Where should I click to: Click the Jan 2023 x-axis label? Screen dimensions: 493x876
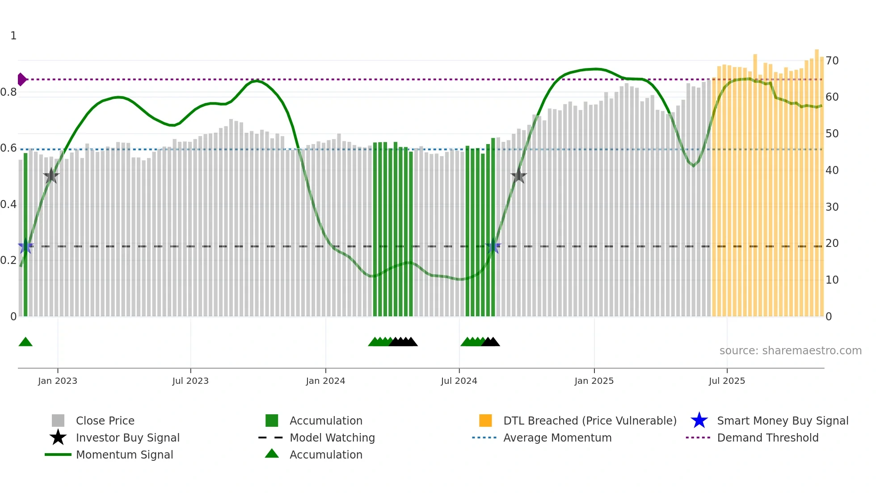click(x=58, y=381)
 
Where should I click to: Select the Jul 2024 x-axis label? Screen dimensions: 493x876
click(x=459, y=381)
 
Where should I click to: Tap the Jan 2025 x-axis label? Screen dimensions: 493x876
click(x=594, y=381)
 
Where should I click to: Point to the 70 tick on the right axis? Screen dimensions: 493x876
click(x=832, y=60)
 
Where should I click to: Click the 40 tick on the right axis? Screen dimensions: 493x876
click(x=832, y=170)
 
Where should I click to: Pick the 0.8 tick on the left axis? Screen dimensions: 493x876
click(x=8, y=92)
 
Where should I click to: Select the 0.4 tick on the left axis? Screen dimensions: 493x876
click(x=8, y=204)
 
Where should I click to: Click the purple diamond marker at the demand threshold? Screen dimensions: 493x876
click(x=21, y=79)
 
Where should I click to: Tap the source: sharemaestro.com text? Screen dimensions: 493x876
click(x=790, y=350)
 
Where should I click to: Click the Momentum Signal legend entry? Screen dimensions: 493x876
click(x=124, y=455)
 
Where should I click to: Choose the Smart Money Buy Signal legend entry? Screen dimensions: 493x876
click(x=783, y=421)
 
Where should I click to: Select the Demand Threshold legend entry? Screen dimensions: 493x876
click(x=767, y=438)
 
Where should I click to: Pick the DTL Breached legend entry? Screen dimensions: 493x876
click(x=590, y=421)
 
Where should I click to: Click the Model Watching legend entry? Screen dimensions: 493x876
click(x=332, y=438)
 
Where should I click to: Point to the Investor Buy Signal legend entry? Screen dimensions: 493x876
click(x=127, y=438)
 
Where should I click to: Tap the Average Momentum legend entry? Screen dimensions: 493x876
click(x=557, y=438)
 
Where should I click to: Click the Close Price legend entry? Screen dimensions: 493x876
click(x=105, y=421)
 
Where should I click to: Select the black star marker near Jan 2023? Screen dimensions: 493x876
click(x=51, y=176)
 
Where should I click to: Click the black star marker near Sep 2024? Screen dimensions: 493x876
click(x=518, y=176)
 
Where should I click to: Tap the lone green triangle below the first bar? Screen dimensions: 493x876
click(x=25, y=342)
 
